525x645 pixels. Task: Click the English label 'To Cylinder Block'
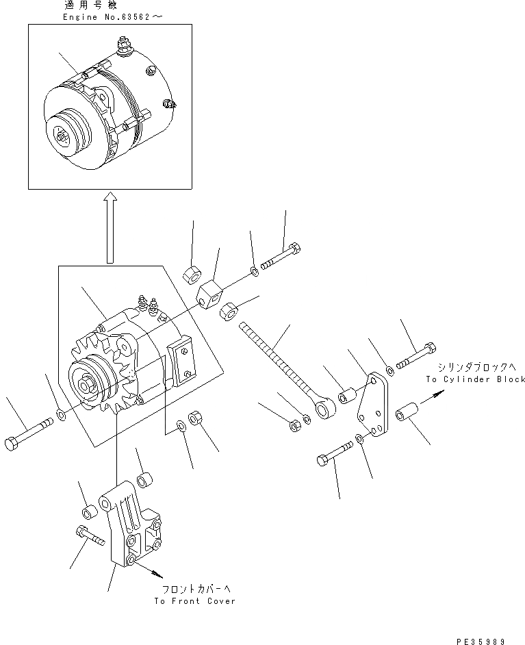pos(475,379)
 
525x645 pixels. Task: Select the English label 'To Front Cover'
pos(194,600)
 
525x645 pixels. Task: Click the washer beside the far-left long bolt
pos(62,415)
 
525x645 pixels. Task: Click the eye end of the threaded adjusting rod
pos(322,409)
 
